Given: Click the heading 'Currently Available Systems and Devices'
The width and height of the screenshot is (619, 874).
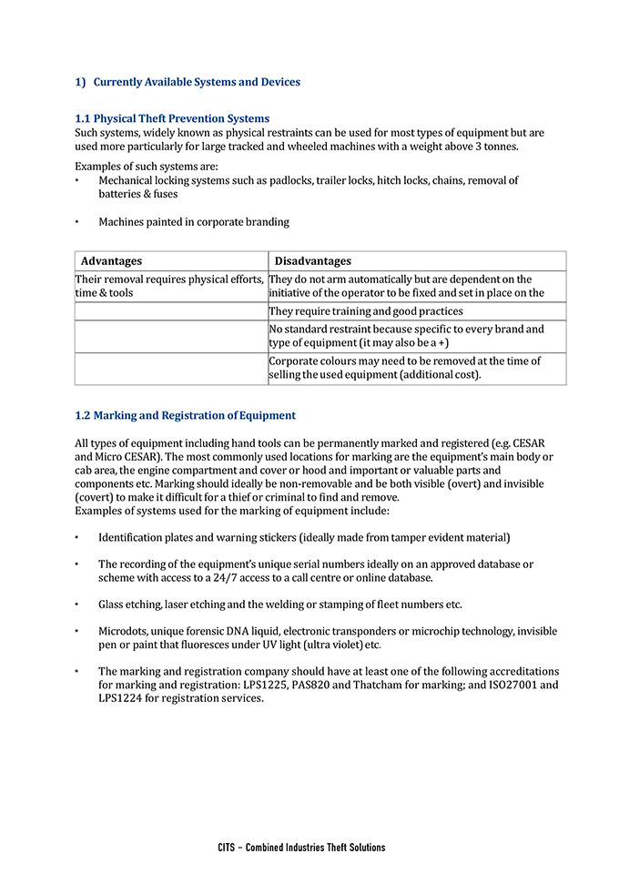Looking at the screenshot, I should tap(197, 82).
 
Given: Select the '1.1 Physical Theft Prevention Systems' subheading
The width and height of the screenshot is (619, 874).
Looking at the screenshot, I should tap(172, 118).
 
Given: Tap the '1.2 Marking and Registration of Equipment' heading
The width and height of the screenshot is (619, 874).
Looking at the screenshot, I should tap(185, 415).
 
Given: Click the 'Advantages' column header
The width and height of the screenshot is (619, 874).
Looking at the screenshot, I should tap(111, 261).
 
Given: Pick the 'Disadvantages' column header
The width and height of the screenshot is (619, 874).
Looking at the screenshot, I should tap(312, 261).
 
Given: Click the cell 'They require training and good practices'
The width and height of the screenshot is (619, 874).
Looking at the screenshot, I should tap(366, 311).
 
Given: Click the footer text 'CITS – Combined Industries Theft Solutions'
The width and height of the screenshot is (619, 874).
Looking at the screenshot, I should tap(301, 848).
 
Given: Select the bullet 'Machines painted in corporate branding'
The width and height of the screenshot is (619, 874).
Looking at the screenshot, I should tap(193, 221).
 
